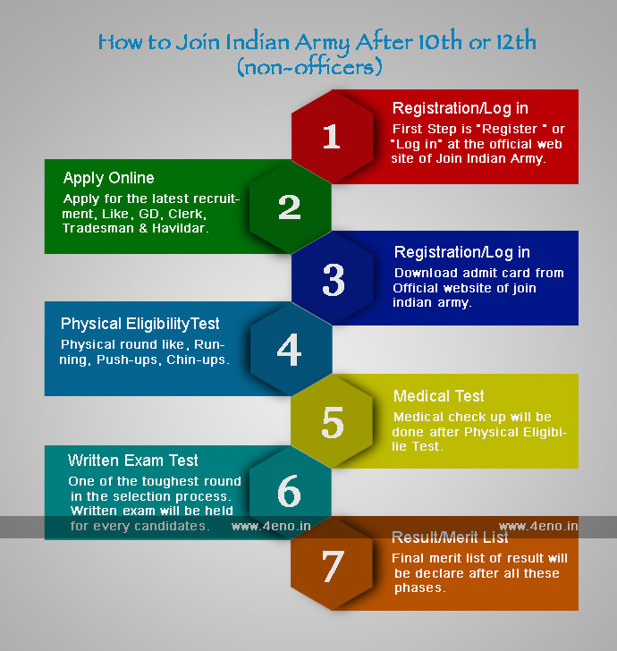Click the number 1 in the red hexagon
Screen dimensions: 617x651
tap(331, 137)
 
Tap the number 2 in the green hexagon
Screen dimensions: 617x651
tap(289, 207)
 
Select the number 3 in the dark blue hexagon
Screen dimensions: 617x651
tap(333, 280)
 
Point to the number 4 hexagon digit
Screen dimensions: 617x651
tap(289, 351)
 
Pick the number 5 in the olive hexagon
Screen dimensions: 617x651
tap(332, 422)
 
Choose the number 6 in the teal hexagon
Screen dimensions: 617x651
tap(289, 493)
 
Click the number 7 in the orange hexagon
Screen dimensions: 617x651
tap(332, 565)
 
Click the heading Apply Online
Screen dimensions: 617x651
tap(108, 178)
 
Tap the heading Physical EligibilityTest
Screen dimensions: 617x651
tap(139, 324)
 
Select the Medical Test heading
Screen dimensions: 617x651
tap(439, 396)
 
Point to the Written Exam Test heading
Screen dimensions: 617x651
tap(133, 461)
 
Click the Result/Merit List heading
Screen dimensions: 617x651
tap(450, 537)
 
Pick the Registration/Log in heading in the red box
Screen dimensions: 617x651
tap(460, 108)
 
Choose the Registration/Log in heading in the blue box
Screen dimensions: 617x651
tap(461, 252)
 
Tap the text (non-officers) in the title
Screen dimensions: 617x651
tap(309, 66)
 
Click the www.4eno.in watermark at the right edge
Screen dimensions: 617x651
tap(538, 526)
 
